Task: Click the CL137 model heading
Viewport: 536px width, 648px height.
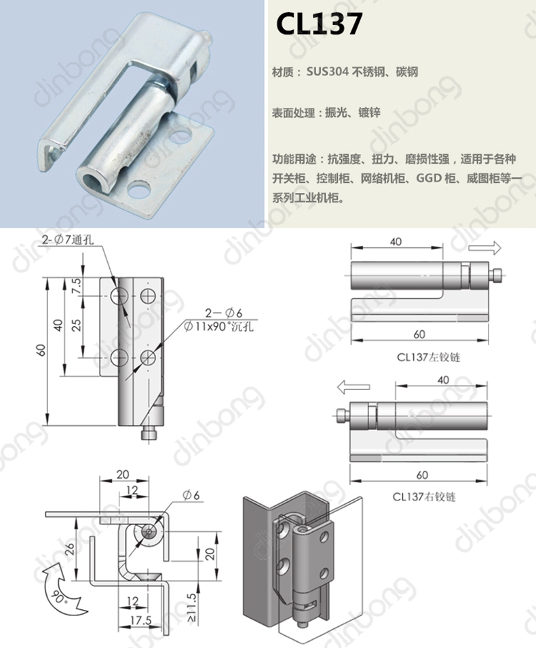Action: click(x=319, y=24)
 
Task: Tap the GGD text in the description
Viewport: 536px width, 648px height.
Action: click(x=429, y=178)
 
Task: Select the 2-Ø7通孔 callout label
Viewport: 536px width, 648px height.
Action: click(x=68, y=240)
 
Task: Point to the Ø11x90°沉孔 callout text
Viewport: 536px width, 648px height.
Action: click(x=219, y=327)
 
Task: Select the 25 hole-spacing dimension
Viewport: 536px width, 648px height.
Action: click(x=77, y=325)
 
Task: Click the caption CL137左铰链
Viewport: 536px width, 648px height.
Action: click(x=428, y=357)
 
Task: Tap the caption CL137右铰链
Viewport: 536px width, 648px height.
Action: click(x=424, y=497)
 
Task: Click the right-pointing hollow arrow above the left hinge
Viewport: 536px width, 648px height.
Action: click(x=485, y=248)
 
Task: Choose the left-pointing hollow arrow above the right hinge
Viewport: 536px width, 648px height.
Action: click(x=353, y=387)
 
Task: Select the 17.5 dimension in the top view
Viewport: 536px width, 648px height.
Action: click(x=141, y=620)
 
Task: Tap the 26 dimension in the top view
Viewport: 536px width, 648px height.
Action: click(x=69, y=548)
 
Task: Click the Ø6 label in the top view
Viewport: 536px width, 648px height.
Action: click(x=191, y=495)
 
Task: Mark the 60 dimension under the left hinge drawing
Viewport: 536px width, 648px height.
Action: click(x=419, y=334)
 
